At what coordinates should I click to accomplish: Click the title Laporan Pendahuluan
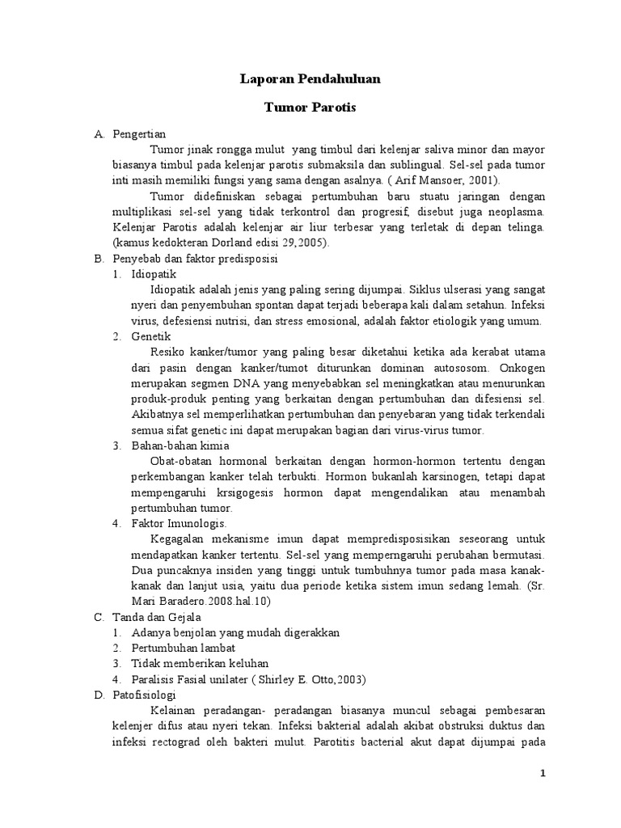pos(311,79)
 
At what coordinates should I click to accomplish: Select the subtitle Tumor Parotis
pos(311,107)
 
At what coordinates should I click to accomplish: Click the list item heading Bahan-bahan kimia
pos(180,446)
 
